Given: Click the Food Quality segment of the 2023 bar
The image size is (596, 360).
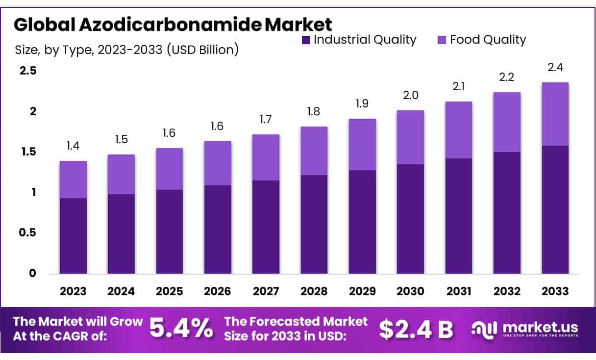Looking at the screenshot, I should pos(73,180).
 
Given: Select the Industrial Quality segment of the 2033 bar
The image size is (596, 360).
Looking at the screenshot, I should pos(555,209).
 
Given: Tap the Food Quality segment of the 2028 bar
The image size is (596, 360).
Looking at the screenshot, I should pos(314,151).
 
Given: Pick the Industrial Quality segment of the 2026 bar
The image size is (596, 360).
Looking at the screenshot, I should pos(218,230).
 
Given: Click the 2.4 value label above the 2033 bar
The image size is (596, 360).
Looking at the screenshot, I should pos(555,68).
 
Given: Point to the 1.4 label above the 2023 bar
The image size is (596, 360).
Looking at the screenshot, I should pos(73,146).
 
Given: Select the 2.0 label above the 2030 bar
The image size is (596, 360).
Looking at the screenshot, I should pos(411,96).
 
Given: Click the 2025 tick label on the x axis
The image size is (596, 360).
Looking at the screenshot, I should pos(169,291).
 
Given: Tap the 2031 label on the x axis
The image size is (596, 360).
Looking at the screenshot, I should pos(459,291).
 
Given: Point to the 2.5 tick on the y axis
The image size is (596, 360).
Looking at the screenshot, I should pos(28,71).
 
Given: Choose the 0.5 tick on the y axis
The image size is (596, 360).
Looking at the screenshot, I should pos(28,232).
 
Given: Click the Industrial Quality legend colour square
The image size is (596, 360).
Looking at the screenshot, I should pos(306,40).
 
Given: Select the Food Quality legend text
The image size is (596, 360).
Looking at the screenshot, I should pos(488,40).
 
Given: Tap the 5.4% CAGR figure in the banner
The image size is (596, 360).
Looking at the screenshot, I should pos(181,329).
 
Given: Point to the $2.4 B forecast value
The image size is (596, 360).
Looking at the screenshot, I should pos(416,329).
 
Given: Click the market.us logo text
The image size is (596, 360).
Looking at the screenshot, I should pos(539,327).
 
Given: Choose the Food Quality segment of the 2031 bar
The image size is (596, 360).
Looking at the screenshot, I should pos(459,130).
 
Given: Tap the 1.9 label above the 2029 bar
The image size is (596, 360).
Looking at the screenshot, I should pos(362,104).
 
